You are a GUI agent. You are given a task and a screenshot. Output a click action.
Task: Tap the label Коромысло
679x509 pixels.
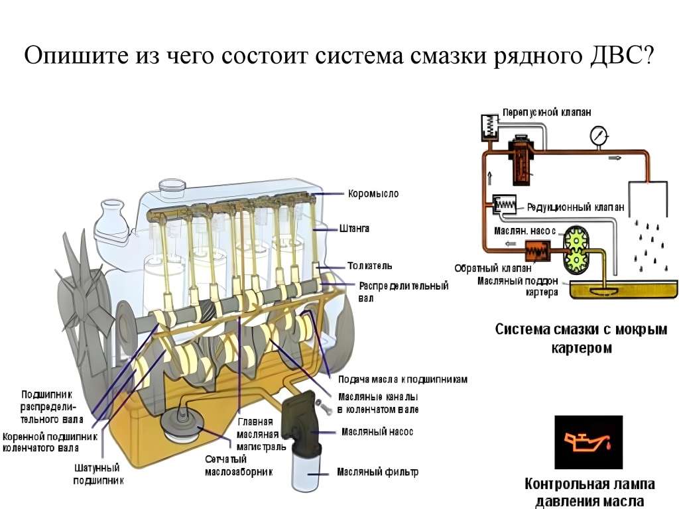coord(373,194)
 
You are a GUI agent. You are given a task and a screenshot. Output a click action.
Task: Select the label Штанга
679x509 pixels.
coord(354,228)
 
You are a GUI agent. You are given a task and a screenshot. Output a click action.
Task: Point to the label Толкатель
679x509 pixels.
coord(370,266)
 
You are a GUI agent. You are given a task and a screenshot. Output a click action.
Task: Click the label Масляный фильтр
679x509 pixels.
coord(377,472)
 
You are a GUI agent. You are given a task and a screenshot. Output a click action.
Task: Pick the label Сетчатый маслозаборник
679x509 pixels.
coord(239,465)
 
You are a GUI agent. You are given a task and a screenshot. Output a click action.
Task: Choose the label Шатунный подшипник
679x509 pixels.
coord(99,474)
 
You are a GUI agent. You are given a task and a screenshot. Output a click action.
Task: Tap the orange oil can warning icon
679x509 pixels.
coord(589,442)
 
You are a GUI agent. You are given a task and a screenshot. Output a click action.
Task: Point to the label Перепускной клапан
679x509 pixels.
coord(546,113)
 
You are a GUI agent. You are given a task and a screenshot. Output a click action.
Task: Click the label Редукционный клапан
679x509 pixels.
coord(575,207)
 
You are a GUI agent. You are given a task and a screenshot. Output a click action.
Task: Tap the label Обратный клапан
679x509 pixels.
coord(493,268)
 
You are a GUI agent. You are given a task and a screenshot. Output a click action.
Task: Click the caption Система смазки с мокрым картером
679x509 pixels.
coord(581,338)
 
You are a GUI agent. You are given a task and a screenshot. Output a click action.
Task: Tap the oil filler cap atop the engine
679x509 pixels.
coord(172,186)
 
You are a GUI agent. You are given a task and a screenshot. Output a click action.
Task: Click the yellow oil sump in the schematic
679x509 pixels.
coord(623,289)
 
